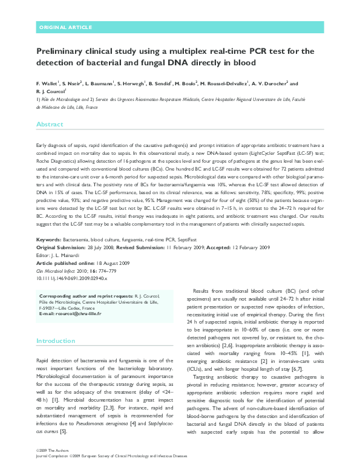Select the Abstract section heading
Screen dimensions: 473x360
[x=50, y=124]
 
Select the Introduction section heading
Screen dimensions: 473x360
[x=55, y=341]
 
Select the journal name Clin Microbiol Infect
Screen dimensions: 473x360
[x=59, y=287]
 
